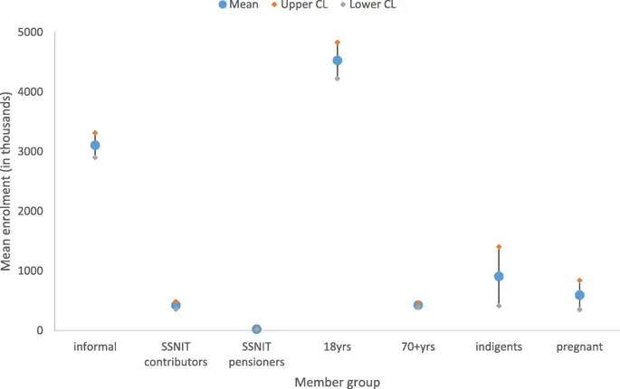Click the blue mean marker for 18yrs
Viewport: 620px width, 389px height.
click(338, 61)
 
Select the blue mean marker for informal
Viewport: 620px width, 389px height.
click(95, 145)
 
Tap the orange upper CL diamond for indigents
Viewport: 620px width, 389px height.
click(499, 247)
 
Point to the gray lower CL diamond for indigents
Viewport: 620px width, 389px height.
click(499, 306)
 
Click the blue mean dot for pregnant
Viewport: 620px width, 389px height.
click(579, 295)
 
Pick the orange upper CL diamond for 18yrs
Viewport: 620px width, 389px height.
click(338, 43)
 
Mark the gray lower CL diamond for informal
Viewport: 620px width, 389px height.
click(95, 157)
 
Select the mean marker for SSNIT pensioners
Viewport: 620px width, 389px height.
click(257, 329)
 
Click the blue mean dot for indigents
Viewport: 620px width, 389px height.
click(499, 277)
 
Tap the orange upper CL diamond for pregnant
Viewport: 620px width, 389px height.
click(579, 280)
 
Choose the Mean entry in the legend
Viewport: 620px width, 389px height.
click(239, 5)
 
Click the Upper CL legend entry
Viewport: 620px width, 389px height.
click(307, 5)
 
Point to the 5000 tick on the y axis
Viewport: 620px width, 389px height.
click(30, 33)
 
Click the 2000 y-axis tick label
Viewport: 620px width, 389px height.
click(30, 211)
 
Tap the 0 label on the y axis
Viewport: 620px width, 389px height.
click(39, 330)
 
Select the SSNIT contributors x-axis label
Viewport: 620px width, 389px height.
click(176, 354)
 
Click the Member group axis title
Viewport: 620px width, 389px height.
click(337, 382)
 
